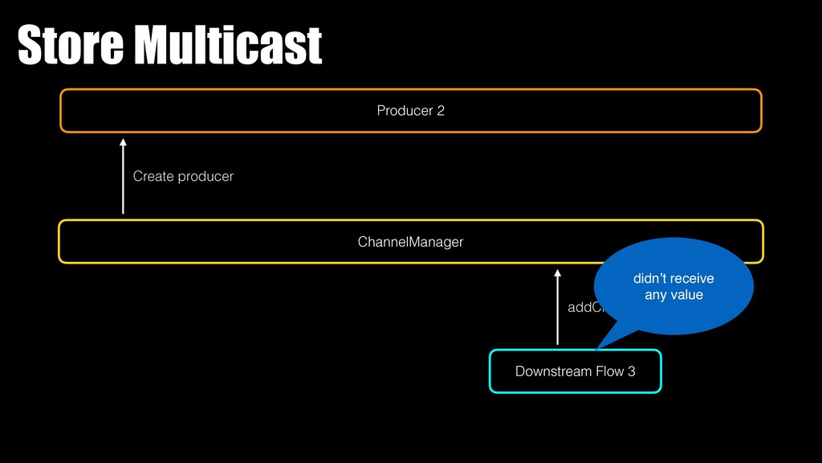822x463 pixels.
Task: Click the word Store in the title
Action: click(71, 46)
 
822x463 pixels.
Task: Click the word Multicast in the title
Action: click(227, 46)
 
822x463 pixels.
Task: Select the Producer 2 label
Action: click(410, 111)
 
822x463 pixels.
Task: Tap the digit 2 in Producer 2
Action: click(440, 111)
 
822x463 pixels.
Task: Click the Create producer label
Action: click(183, 176)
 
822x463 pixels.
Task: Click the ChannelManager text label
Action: click(410, 241)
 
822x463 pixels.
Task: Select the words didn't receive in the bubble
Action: click(673, 279)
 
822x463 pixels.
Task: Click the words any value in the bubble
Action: click(673, 295)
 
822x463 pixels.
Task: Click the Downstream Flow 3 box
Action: click(575, 371)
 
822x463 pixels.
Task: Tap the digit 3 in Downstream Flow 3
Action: click(631, 371)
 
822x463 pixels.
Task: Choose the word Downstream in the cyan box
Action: click(550, 371)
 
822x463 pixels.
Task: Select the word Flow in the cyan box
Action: click(608, 371)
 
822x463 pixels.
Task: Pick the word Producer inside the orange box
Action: click(404, 111)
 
